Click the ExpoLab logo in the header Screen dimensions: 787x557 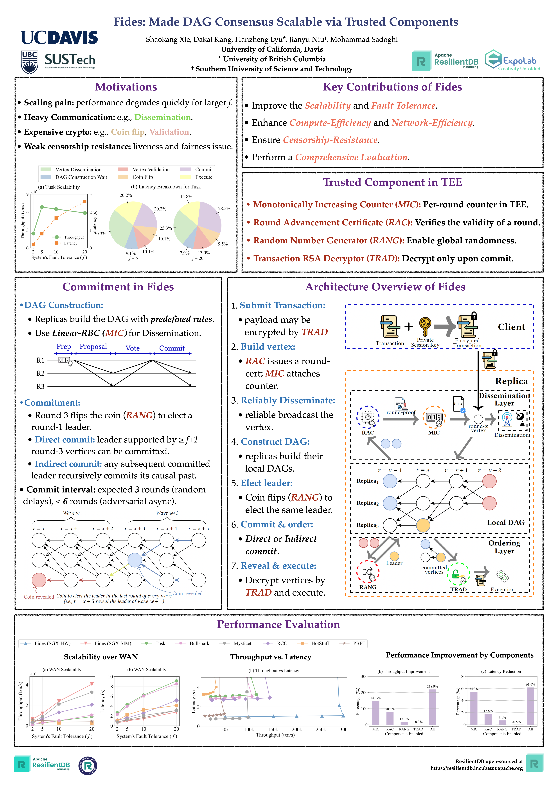pos(512,61)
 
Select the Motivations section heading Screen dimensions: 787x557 pos(126,87)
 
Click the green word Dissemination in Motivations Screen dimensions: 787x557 pos(162,117)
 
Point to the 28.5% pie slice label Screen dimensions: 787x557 pos(224,208)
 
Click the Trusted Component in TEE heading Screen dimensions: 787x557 pos(392,182)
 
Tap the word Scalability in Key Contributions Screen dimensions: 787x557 pos(328,106)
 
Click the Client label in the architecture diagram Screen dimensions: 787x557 pos(511,327)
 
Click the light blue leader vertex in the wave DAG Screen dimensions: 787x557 pos(135,560)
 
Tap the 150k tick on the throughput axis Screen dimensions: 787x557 pos(273,729)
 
